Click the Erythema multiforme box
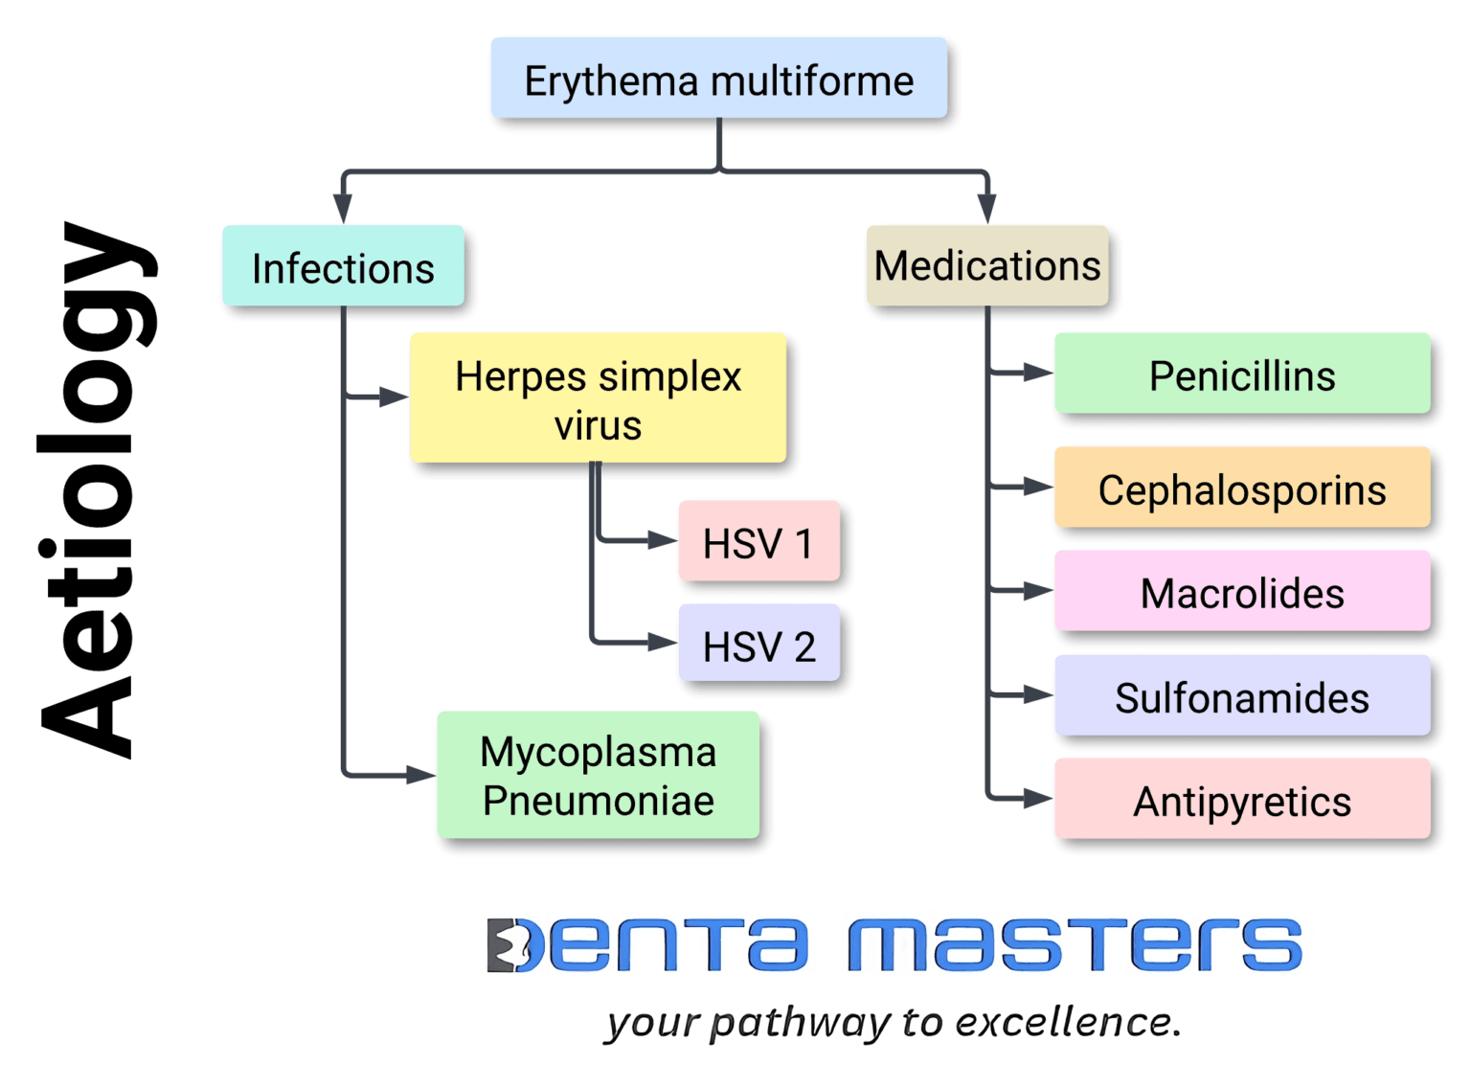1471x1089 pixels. (x=718, y=79)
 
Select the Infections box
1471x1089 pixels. (x=343, y=267)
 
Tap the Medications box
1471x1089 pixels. (x=986, y=266)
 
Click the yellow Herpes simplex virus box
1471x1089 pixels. (x=598, y=398)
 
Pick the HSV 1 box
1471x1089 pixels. (x=758, y=542)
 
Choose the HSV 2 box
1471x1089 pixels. (x=758, y=645)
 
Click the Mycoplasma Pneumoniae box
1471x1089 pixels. (x=598, y=776)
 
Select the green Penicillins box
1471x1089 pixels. (x=1241, y=374)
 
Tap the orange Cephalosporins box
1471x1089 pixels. (x=1241, y=488)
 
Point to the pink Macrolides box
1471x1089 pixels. (x=1241, y=592)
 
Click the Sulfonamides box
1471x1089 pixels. (x=1241, y=696)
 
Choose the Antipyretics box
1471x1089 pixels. (x=1241, y=800)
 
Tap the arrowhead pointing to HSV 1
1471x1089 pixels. (x=663, y=541)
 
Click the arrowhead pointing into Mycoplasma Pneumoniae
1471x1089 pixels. (x=421, y=775)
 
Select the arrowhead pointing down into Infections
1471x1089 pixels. (x=343, y=209)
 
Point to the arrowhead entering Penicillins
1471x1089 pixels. (x=1038, y=373)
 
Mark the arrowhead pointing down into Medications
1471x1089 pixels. (x=986, y=209)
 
